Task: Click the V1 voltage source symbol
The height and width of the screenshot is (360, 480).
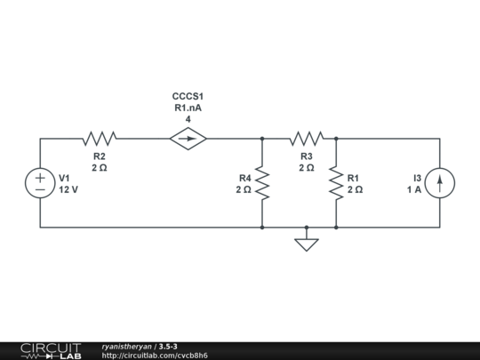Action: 40,183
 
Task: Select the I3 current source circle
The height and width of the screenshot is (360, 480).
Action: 440,183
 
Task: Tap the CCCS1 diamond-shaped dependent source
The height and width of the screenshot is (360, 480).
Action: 188,139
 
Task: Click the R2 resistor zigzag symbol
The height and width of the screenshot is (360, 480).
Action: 100,139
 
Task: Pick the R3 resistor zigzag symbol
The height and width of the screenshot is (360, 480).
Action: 307,139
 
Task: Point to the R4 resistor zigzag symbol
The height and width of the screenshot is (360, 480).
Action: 262,183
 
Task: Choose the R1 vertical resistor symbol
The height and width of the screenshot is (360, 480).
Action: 336,183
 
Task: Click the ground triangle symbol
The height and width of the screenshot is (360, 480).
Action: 307,243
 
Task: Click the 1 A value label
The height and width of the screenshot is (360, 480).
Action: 414,190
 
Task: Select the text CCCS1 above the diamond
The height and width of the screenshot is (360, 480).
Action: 188,96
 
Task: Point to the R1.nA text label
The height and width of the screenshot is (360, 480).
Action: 188,108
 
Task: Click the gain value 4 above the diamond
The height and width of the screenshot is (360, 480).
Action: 188,119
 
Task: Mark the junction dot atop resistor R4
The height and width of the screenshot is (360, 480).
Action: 262,139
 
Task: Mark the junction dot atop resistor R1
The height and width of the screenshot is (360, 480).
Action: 336,139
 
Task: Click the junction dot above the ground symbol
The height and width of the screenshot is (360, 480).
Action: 307,228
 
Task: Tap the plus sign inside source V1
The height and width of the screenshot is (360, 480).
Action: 40,177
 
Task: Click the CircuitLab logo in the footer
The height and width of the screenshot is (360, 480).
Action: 51,350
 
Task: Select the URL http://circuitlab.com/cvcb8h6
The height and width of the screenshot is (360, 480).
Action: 155,356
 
